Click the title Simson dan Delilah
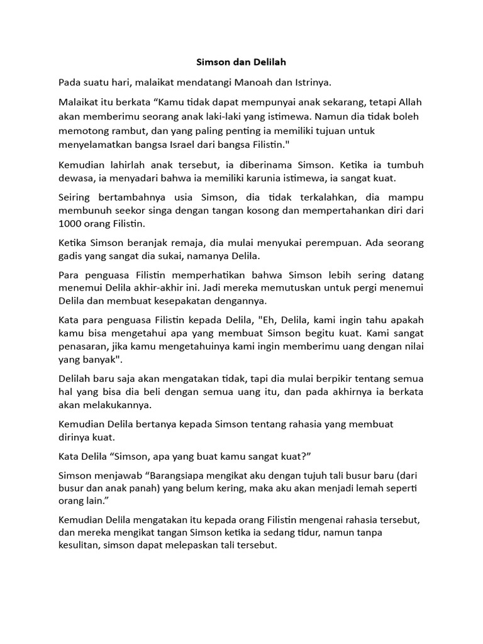[241, 63]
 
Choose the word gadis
[72, 257]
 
